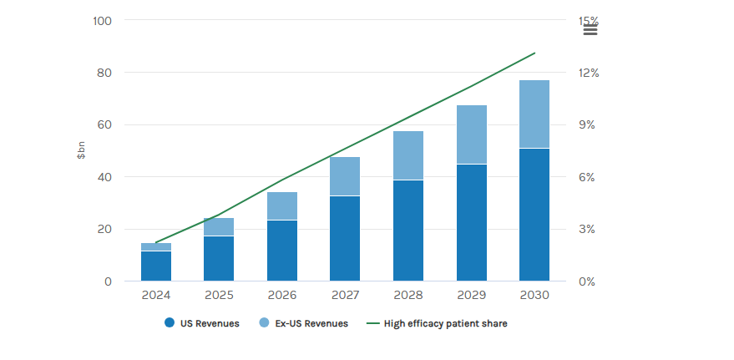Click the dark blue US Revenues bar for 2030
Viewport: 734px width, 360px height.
534,215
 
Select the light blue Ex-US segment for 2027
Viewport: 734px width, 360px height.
345,176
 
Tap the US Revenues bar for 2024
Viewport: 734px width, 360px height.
156,266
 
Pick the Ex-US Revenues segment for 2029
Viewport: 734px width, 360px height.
471,134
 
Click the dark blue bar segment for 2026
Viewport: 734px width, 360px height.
282,251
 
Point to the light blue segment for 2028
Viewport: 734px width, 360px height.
408,155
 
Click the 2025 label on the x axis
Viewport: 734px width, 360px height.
219,295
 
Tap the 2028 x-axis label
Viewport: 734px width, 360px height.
408,295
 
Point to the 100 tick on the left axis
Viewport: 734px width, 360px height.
102,20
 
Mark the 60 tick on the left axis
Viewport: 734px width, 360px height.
104,124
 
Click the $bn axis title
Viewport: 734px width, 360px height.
82,150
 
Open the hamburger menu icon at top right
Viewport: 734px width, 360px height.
590,30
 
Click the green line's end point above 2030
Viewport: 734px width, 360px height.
534,53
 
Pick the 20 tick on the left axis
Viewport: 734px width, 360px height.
104,229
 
